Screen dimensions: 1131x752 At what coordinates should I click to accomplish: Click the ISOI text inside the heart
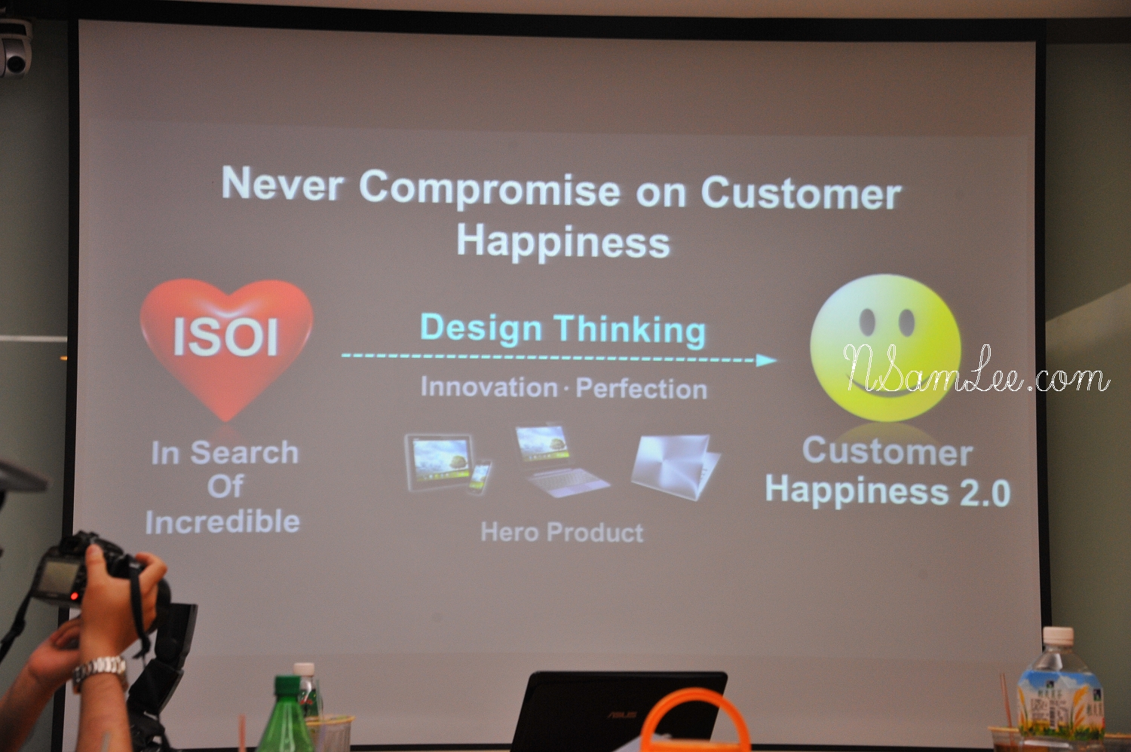tap(225, 337)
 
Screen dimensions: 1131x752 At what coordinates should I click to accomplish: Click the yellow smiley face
tap(886, 348)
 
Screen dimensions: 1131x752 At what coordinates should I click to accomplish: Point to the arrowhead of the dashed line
tap(767, 360)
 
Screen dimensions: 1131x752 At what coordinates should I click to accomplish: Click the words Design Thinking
tap(562, 330)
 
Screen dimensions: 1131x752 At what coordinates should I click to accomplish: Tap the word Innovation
tap(489, 387)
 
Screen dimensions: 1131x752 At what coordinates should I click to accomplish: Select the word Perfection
tap(641, 389)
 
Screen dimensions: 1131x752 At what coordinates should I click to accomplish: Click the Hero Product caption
tap(562, 532)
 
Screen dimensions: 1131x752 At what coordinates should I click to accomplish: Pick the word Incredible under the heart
tap(222, 521)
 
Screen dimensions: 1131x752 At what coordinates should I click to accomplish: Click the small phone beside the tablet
tap(478, 477)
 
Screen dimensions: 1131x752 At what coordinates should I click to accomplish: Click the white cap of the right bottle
tap(1059, 635)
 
